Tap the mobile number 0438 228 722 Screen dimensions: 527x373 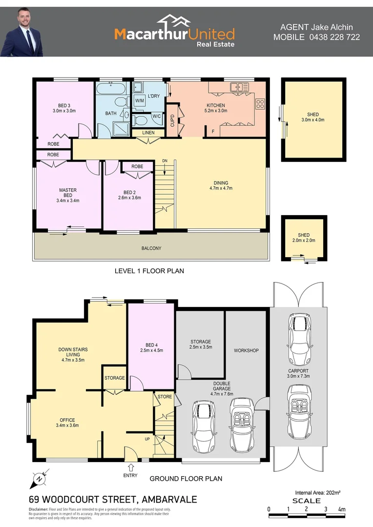335,37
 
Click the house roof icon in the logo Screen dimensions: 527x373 174,22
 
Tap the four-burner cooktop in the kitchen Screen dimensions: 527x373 260,103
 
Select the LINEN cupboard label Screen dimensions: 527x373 148,133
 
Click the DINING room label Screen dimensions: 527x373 221,183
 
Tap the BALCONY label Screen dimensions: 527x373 151,248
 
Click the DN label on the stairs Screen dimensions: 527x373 165,161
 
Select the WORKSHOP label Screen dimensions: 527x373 246,350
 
